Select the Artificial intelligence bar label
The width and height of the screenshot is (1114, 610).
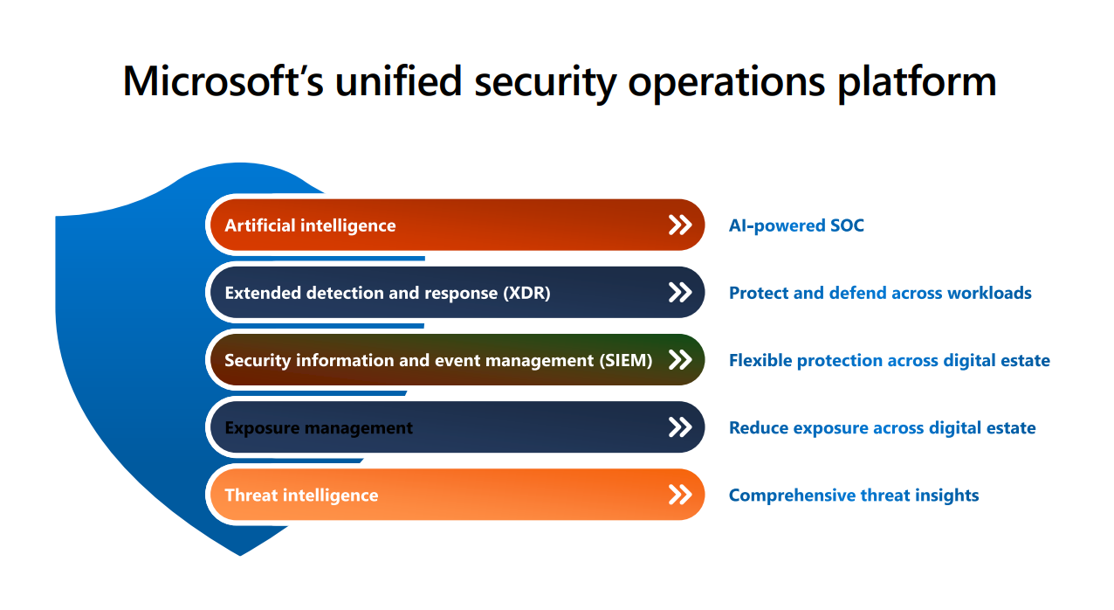click(x=310, y=225)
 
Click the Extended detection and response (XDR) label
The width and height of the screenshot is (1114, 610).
click(x=388, y=293)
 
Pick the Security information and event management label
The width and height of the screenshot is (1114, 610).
click(x=438, y=360)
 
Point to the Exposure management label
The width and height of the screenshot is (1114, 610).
click(x=319, y=427)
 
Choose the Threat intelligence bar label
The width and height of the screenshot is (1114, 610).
click(x=301, y=495)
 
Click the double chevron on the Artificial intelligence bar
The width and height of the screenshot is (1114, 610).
click(x=679, y=225)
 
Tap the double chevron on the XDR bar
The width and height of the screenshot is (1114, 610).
click(x=679, y=293)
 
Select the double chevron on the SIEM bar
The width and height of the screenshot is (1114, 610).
click(x=679, y=360)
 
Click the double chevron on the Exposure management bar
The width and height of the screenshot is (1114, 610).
click(x=679, y=427)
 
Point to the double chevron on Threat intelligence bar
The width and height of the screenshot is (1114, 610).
click(x=679, y=495)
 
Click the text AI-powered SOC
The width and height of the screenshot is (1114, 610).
click(x=796, y=225)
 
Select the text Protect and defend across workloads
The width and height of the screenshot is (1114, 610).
click(x=880, y=293)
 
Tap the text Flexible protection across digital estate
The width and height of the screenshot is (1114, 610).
click(x=889, y=360)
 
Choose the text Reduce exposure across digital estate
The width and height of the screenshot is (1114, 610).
click(x=882, y=427)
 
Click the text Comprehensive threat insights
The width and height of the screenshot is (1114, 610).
click(x=854, y=495)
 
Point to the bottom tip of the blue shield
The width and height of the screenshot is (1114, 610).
click(x=240, y=553)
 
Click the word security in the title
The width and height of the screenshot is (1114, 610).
click(x=543, y=81)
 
